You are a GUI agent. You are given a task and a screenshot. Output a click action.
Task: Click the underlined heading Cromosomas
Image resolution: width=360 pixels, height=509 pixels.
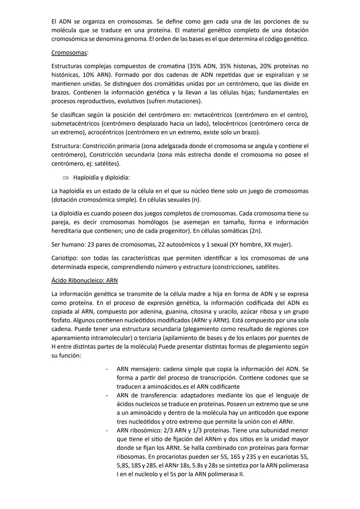point(69,53)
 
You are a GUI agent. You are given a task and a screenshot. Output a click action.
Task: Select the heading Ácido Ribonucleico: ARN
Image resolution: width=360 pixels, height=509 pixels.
point(84,281)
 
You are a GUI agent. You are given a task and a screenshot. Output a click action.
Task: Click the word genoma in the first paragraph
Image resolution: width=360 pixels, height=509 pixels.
point(136,39)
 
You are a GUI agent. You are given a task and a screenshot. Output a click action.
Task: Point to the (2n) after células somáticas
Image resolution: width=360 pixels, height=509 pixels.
point(255,231)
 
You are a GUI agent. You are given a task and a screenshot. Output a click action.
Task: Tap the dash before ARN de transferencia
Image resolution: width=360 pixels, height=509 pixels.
point(107,396)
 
